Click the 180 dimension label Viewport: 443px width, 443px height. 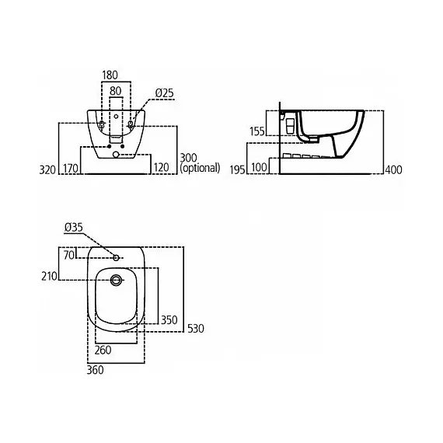[x=110, y=75]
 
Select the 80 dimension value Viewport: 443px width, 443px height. [x=115, y=91]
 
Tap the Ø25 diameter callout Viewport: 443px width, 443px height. [x=164, y=93]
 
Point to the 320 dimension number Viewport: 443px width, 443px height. [x=47, y=169]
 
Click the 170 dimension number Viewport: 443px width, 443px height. [x=71, y=169]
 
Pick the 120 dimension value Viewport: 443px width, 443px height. [x=161, y=168]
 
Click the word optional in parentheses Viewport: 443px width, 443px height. [x=200, y=168]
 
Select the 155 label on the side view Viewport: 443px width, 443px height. [x=256, y=131]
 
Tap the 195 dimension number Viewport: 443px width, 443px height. [x=237, y=169]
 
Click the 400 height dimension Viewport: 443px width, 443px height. [x=393, y=169]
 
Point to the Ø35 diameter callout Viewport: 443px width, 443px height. [x=74, y=227]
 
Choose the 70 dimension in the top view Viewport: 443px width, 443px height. [x=69, y=255]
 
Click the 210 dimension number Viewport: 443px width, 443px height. [x=49, y=276]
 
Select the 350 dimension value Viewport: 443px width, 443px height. [x=169, y=320]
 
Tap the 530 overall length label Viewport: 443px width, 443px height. [x=196, y=329]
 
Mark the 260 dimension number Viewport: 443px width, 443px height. [x=103, y=351]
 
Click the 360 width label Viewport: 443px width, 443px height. [x=95, y=370]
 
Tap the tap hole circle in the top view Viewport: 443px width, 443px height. [x=116, y=257]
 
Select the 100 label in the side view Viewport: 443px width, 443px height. [x=259, y=167]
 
